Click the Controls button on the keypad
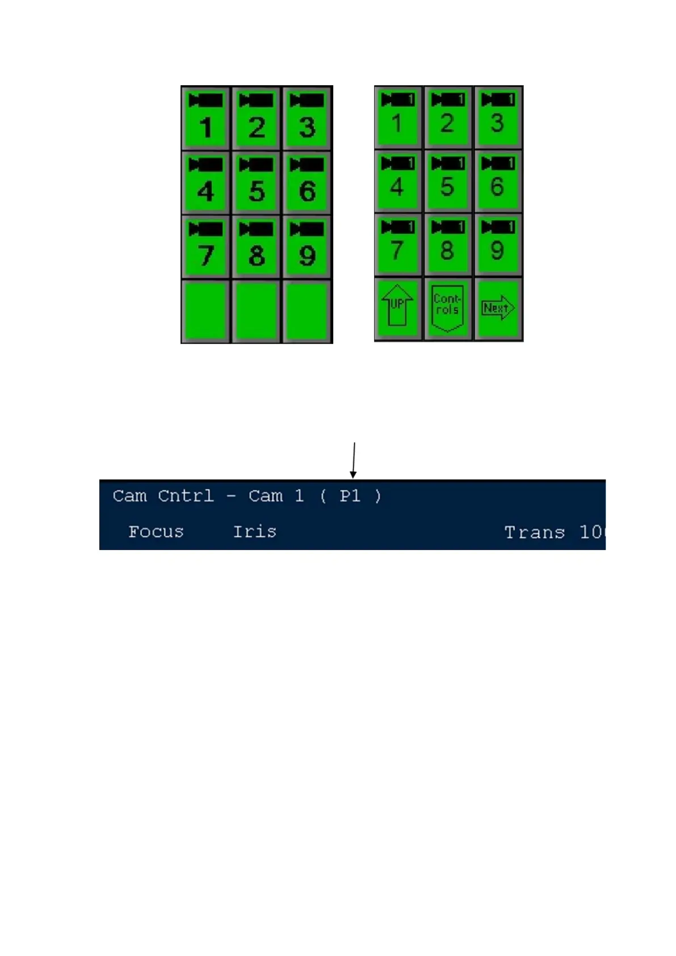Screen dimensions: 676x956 coord(447,308)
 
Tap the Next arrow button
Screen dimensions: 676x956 coord(498,308)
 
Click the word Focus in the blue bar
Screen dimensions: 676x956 coord(156,532)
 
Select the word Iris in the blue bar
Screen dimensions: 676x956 coord(254,532)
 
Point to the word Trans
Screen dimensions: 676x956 coord(534,532)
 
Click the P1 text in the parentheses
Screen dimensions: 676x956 coord(350,496)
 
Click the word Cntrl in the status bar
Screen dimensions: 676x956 coord(186,496)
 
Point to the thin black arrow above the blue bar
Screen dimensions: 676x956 coord(354,459)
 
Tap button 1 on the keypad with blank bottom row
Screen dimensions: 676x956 coord(205,119)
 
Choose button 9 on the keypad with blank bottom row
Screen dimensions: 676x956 coord(307,247)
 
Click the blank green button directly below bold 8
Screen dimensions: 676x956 coord(257,311)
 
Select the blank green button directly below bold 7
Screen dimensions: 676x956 coord(205,311)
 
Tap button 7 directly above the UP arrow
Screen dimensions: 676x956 coord(397,245)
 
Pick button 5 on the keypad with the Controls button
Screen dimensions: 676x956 coord(447,181)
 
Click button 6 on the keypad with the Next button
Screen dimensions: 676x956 coord(498,181)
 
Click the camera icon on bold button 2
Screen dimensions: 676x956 coord(257,101)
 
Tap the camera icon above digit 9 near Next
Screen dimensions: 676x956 coord(498,227)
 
